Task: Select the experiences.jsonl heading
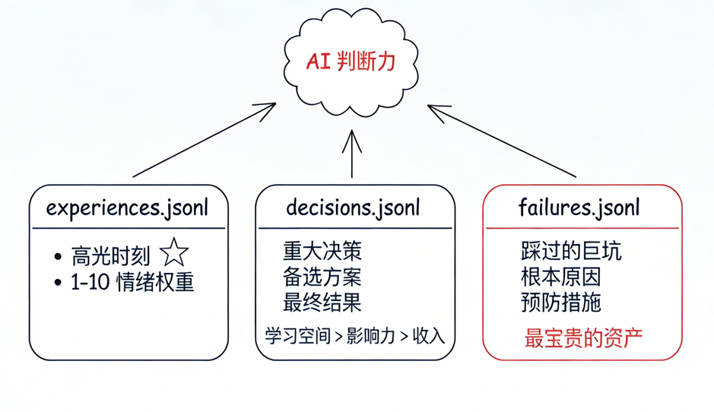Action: (x=127, y=207)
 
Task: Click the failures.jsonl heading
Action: (x=579, y=207)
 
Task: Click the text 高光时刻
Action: (x=110, y=255)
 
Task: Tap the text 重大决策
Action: (x=322, y=251)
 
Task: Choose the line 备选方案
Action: (x=322, y=277)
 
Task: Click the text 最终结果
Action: (x=322, y=303)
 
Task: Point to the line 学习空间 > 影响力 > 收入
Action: (x=354, y=335)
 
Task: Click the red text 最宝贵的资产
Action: (x=583, y=337)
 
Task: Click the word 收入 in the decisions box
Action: (x=428, y=335)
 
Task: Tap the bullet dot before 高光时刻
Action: (x=59, y=255)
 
